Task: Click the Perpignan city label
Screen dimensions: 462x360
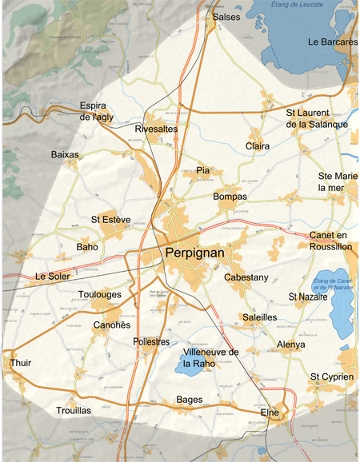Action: pos(195,253)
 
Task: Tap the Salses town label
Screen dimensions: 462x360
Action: pos(226,17)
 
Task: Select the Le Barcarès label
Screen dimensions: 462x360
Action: pos(332,42)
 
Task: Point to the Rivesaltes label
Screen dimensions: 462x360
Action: pos(157,128)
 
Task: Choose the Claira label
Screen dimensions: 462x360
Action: pos(258,146)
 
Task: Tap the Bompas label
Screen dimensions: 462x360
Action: pos(230,197)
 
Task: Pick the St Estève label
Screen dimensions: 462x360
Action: pos(110,219)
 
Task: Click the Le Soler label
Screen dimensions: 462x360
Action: pos(53,277)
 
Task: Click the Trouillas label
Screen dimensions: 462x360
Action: pos(74,410)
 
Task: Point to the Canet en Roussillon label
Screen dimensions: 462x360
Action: pos(330,241)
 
